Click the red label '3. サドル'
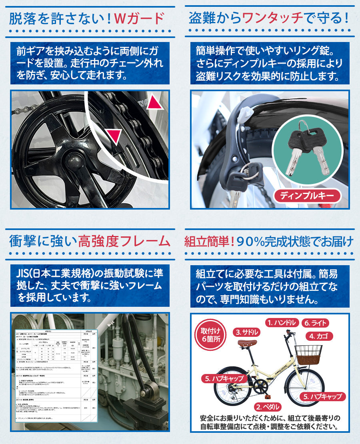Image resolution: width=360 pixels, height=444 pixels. pyautogui.click(x=247, y=332)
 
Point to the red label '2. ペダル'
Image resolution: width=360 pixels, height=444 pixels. pyautogui.click(x=270, y=407)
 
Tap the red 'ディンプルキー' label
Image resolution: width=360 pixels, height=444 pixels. pyautogui.click(x=307, y=196)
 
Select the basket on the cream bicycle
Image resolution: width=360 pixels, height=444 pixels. pyautogui.click(x=308, y=354)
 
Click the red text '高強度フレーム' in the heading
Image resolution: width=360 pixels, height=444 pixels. pyautogui.click(x=124, y=241)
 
